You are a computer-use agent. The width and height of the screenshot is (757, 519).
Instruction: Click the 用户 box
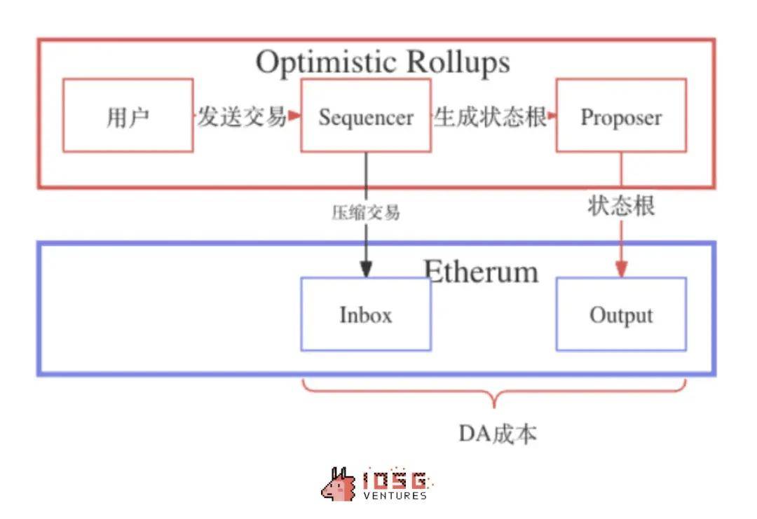[128, 116]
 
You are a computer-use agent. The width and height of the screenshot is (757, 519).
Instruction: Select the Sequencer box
[365, 116]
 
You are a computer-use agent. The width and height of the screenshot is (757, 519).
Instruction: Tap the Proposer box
[620, 116]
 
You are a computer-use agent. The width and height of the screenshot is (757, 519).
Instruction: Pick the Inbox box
[365, 314]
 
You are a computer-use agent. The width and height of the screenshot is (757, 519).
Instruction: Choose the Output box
[620, 314]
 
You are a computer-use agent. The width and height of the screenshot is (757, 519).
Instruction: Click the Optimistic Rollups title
[382, 62]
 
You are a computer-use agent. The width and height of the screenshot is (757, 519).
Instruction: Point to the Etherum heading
[481, 271]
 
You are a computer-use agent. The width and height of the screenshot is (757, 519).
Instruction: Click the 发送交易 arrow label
[241, 116]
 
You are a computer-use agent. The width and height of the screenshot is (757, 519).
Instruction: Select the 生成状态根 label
[490, 116]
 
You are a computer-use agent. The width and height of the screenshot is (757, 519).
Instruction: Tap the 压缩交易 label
[365, 212]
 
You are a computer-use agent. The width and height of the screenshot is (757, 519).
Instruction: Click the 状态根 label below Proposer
[621, 206]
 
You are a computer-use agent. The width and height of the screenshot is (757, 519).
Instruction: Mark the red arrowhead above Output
[621, 269]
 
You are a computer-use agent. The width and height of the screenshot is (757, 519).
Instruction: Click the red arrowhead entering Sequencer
[294, 116]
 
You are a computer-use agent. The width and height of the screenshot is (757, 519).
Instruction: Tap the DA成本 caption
[498, 434]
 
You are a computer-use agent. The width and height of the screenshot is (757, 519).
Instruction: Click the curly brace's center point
[494, 401]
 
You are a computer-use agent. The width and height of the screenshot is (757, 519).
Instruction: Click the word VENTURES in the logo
[395, 496]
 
